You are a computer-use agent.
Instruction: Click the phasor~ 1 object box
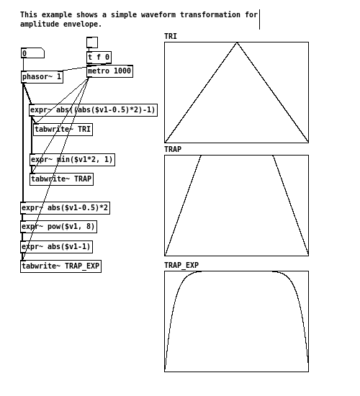click(42, 77)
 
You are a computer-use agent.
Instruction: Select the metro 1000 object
click(109, 71)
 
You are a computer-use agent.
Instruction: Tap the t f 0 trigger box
click(99, 58)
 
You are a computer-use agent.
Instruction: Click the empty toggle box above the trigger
click(92, 42)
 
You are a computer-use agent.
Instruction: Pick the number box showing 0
click(32, 53)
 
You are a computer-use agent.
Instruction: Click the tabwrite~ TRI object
click(63, 130)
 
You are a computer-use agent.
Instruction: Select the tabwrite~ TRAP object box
click(61, 179)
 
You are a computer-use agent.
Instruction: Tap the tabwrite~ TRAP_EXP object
click(60, 266)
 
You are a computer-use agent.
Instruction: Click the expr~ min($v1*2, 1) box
click(72, 160)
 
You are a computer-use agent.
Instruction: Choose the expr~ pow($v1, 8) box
click(58, 227)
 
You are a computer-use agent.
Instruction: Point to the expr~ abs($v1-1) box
click(56, 247)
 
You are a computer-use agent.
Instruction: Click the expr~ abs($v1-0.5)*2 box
click(66, 208)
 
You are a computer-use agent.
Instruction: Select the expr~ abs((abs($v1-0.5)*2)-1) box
click(93, 110)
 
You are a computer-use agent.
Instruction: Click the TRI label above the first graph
click(171, 37)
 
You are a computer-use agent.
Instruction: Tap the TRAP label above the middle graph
click(173, 149)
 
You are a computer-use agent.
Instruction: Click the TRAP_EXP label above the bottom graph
click(181, 265)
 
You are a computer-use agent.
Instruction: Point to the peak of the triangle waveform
click(237, 42)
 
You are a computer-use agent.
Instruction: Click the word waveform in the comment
click(158, 14)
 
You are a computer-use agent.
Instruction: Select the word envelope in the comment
click(82, 24)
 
